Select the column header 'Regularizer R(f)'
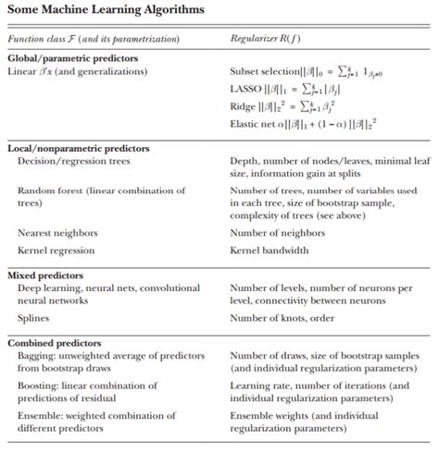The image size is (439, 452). coord(268,39)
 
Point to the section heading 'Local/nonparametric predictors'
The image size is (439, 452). coord(80,148)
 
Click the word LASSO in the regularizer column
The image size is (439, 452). coord(245,88)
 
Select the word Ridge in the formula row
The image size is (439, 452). coord(243,105)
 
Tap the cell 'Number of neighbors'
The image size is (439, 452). coord(275,234)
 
